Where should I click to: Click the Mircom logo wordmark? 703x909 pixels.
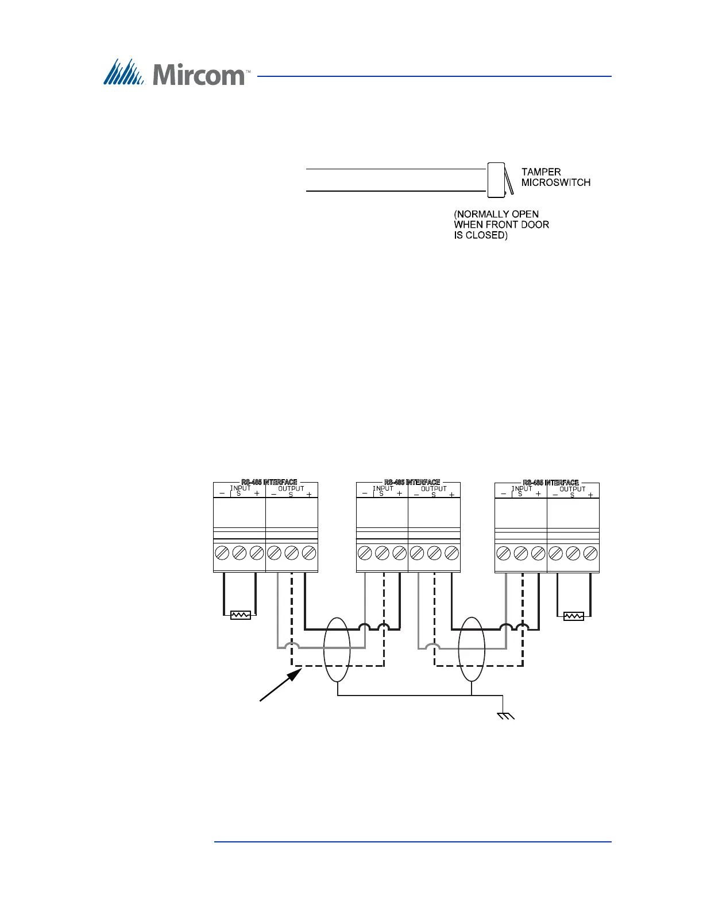(199, 75)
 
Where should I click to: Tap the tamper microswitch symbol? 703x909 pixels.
(497, 180)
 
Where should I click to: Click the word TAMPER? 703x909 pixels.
(541, 172)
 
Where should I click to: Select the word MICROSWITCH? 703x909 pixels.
(555, 182)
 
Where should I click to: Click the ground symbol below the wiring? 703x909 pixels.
(505, 715)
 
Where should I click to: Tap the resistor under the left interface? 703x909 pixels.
(240, 615)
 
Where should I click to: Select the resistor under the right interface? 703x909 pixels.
(574, 616)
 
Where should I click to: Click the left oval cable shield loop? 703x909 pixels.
(337, 649)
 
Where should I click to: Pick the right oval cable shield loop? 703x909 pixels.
(472, 649)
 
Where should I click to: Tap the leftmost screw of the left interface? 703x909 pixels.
(222, 553)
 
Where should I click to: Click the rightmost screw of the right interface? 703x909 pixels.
(590, 553)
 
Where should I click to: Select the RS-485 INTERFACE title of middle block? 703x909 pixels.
(412, 483)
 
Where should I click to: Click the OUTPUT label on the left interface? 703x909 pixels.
(291, 489)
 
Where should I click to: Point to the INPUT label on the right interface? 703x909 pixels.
(522, 489)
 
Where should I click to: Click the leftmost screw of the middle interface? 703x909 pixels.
(365, 553)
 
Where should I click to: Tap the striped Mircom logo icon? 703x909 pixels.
(123, 72)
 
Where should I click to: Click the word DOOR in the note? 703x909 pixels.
(535, 225)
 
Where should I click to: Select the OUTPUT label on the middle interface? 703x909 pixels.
(434, 489)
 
